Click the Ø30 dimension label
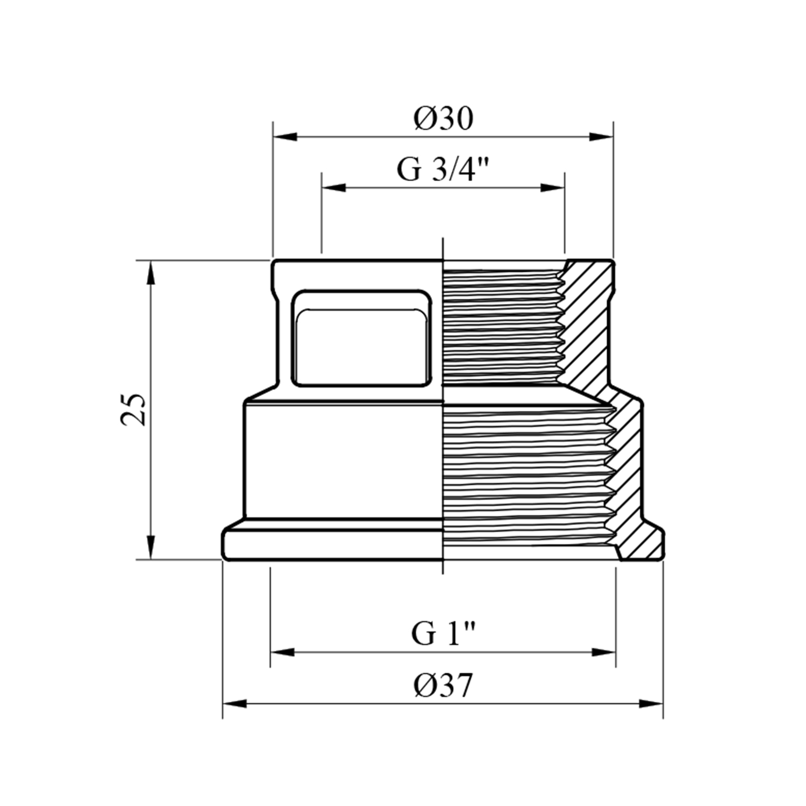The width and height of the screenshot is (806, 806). [443, 119]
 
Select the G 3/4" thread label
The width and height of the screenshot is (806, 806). [443, 169]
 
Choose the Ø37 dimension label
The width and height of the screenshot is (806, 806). [443, 686]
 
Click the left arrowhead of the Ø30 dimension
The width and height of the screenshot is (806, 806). [285, 136]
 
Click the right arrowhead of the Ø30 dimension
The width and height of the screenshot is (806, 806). [601, 136]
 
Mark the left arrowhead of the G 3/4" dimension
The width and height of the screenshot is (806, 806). [334, 188]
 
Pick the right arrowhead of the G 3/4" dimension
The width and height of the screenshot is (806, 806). [552, 188]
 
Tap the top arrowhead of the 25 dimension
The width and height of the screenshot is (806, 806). [151, 272]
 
